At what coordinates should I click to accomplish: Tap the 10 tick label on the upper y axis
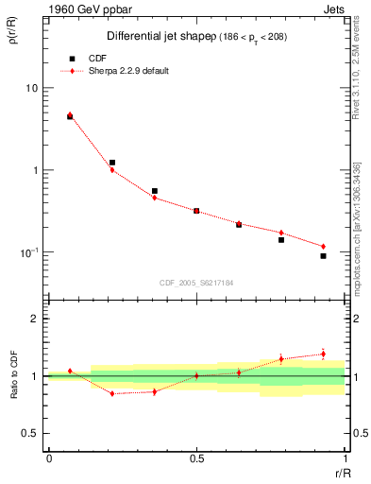click(31, 88)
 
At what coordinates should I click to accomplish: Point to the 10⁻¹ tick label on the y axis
click(30, 252)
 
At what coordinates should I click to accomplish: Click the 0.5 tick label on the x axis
click(196, 458)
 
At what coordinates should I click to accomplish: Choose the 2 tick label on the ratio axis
click(35, 319)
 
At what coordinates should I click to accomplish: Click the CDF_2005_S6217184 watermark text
click(196, 283)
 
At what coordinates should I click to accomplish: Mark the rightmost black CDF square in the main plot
click(323, 256)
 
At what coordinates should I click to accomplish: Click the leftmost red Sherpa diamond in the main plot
click(70, 114)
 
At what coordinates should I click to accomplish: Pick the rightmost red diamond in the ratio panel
click(323, 354)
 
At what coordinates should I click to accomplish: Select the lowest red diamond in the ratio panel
click(112, 393)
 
